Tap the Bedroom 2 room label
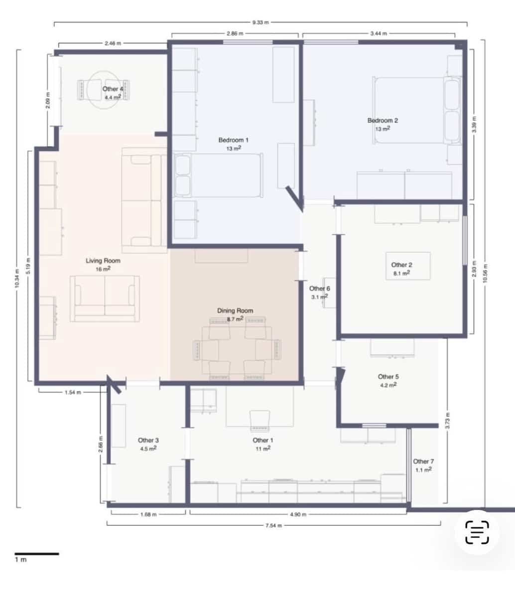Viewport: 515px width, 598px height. pos(383,120)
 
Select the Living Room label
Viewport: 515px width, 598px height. pos(103,261)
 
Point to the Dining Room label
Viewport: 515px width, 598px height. pos(235,310)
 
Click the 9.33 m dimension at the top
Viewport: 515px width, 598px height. pos(260,22)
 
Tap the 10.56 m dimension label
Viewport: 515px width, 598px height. pos(485,272)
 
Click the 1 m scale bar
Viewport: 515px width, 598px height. pos(36,554)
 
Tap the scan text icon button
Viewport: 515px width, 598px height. pos(477,532)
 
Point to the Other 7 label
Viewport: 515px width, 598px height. pos(423,461)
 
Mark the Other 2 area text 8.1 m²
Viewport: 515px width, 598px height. pos(401,273)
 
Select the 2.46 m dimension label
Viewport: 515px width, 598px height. pos(113,43)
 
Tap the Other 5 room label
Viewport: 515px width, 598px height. pos(388,377)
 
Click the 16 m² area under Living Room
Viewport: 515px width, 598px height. pos(103,269)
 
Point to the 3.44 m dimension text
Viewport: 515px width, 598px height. pos(379,34)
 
